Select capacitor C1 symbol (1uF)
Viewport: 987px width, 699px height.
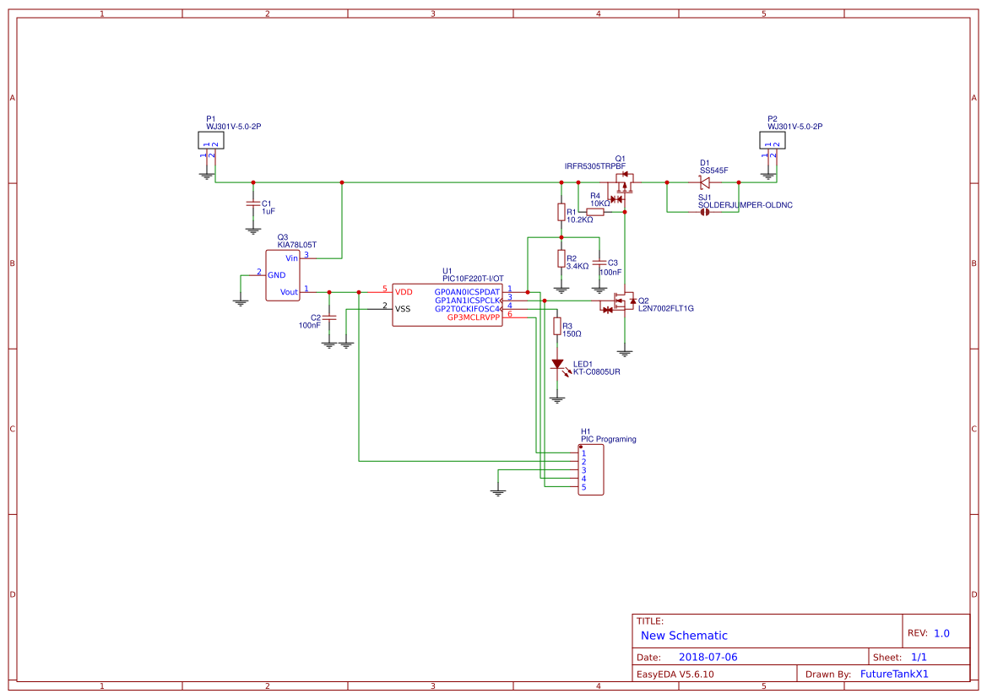[x=252, y=204]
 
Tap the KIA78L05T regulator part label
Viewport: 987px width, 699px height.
[x=296, y=244]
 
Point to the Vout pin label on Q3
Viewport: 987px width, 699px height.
[x=289, y=292]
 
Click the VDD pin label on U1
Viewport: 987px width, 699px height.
[x=404, y=291]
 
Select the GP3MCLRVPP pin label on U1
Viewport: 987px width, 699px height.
[x=473, y=317]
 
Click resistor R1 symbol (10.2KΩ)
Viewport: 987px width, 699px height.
[x=561, y=212]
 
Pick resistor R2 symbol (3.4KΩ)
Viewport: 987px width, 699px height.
[x=561, y=258]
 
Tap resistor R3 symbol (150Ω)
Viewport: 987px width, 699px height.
[x=556, y=327]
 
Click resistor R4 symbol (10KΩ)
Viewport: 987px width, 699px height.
[x=595, y=212]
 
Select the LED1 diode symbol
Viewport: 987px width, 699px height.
[x=557, y=365]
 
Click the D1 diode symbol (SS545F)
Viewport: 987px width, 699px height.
[x=704, y=182]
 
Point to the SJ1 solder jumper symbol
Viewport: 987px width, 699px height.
[x=704, y=212]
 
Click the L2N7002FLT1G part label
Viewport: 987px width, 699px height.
[x=665, y=309]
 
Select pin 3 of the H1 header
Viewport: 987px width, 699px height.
[x=583, y=470]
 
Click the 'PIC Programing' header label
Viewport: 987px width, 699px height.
[x=608, y=439]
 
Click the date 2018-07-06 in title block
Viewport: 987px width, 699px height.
[x=708, y=657]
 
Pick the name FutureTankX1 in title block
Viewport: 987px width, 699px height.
[x=894, y=674]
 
